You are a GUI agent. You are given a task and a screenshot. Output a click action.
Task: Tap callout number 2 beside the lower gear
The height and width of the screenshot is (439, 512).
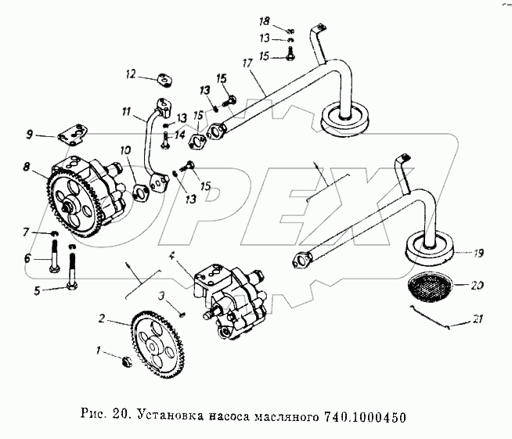(102, 318)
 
